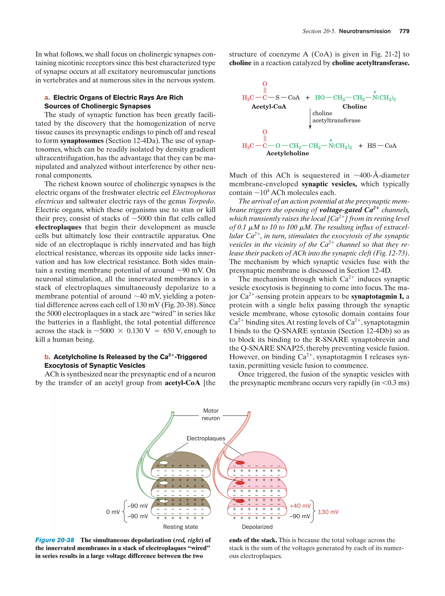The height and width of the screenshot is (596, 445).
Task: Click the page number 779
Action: pos(404,31)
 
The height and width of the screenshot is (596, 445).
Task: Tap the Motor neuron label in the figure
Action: pos(211,414)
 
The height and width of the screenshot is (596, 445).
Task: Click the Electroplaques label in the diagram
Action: pos(206,438)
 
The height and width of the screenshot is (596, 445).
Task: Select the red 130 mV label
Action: pos(328,512)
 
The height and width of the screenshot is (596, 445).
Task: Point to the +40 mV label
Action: pos(300,506)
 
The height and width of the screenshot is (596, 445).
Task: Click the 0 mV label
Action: pos(113,512)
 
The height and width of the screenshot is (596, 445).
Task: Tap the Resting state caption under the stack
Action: pos(180,527)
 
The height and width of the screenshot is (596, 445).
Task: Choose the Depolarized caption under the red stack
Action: pos(257,527)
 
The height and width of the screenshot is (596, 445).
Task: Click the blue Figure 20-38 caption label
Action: pos(55,540)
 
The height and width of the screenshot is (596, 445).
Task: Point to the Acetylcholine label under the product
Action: pos(287,153)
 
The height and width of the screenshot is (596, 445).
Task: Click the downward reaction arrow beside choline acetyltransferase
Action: pos(310,119)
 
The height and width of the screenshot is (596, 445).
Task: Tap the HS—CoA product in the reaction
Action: pos(382,146)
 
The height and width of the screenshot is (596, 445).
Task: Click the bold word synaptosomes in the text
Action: pos(82,141)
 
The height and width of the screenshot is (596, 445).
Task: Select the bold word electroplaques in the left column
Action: pos(58,227)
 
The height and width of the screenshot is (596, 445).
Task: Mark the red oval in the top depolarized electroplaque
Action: pos(240,463)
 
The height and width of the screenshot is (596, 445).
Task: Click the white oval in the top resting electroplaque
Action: pos(163,463)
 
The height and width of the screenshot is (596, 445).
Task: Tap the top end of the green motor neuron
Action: pos(173,412)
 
